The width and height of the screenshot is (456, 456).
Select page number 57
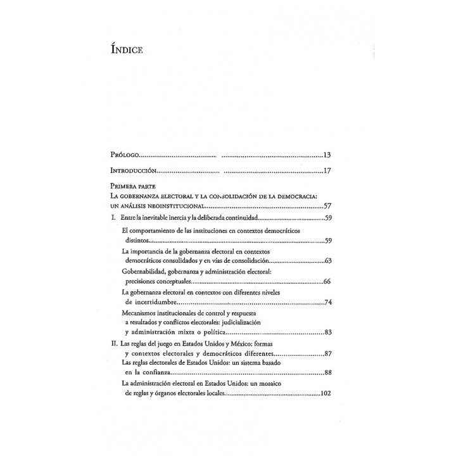tap(327, 206)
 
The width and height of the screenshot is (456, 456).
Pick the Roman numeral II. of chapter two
tap(114, 343)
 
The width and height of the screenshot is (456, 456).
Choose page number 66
tap(327, 281)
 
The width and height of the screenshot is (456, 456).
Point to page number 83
tap(327, 332)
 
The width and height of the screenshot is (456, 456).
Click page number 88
tap(327, 372)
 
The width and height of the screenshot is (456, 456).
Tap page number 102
tap(326, 393)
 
